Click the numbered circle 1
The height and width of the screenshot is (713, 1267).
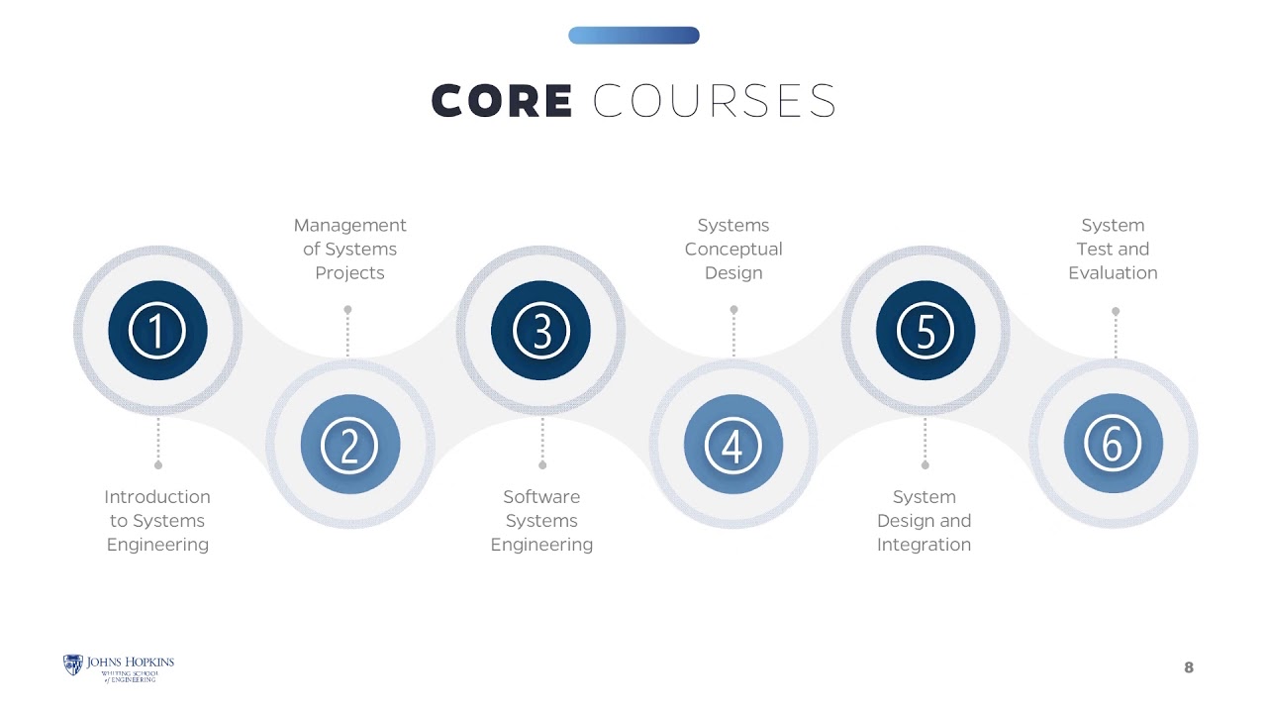(157, 331)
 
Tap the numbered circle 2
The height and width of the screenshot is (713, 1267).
(350, 445)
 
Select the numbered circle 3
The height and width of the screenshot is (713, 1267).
(540, 331)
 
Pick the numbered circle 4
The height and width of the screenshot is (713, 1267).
(733, 445)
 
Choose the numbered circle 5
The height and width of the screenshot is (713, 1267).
(926, 331)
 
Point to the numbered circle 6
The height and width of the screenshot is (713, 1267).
(1114, 444)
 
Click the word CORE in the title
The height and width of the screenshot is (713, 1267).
(502, 101)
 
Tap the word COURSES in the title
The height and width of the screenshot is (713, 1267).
(715, 101)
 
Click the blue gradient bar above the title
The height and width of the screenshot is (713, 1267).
(633, 35)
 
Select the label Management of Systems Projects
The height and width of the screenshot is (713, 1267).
(349, 249)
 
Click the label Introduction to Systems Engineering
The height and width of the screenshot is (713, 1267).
(157, 521)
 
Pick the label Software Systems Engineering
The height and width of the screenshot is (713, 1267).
(541, 521)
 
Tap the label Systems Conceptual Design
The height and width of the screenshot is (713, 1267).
(733, 249)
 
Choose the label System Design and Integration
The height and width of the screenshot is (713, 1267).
(925, 521)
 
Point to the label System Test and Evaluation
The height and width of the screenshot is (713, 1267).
(1113, 249)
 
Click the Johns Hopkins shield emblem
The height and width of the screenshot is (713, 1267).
(73, 664)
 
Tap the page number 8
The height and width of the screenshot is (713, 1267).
(1189, 667)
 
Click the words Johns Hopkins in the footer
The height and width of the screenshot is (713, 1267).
(130, 662)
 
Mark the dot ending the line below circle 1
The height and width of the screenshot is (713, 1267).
(158, 465)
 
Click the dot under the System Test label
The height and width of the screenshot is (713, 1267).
(1116, 311)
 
